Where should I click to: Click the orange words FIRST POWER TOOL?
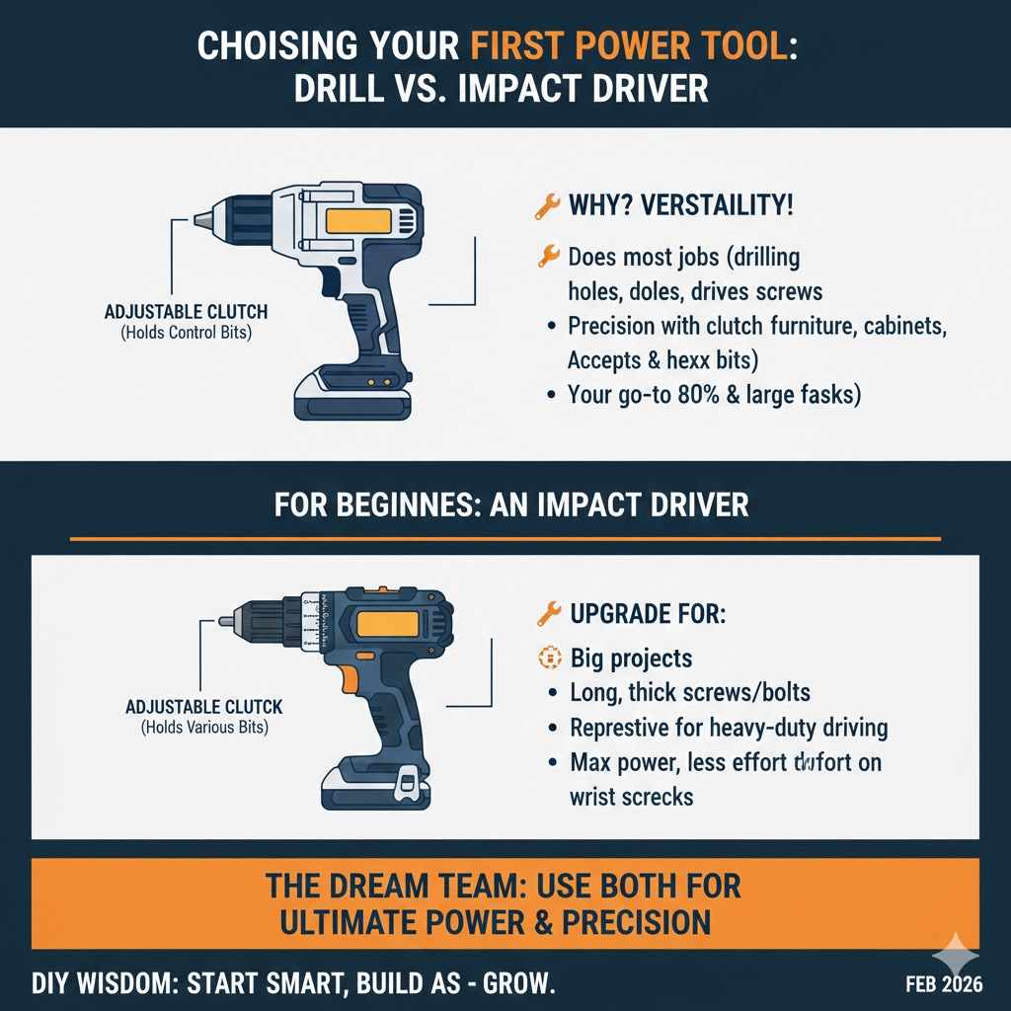[632, 46]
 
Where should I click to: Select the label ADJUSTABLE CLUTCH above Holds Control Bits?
[186, 312]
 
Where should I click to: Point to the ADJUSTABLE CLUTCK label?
[204, 707]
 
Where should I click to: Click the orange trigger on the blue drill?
[348, 680]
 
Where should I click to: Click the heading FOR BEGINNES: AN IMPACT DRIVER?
[510, 505]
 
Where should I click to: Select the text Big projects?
[632, 659]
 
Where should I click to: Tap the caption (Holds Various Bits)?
[204, 728]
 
